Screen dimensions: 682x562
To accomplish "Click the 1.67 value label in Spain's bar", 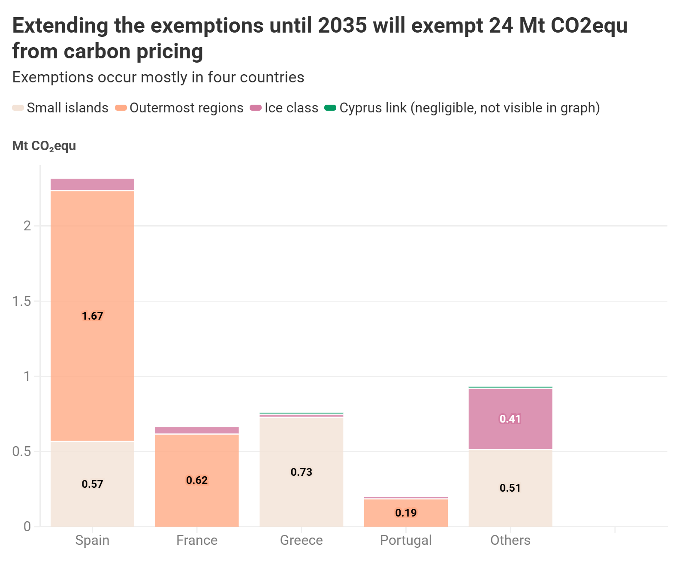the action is click(x=92, y=316).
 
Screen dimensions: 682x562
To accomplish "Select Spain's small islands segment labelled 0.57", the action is click(x=92, y=484).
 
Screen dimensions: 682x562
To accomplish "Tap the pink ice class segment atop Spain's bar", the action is click(x=92, y=184).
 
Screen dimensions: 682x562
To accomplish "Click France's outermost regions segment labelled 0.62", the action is click(x=196, y=480).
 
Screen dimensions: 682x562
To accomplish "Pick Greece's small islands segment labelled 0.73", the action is click(x=301, y=472).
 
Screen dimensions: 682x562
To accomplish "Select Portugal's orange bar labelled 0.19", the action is click(x=406, y=513).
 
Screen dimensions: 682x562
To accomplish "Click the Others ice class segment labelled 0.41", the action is click(x=510, y=419).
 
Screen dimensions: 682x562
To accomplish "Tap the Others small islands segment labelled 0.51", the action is click(x=510, y=488).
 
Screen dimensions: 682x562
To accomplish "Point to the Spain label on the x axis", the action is click(x=92, y=541).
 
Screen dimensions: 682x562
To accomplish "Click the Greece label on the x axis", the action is click(x=301, y=541).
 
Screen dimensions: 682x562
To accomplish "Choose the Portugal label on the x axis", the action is click(x=406, y=541).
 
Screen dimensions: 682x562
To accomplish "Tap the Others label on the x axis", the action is click(x=510, y=541).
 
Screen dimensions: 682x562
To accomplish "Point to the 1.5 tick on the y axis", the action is click(x=21, y=301).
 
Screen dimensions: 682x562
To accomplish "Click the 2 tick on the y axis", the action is click(x=27, y=226).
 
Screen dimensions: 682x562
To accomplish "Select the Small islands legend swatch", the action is click(x=18, y=108).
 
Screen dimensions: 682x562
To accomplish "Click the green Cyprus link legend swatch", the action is click(x=330, y=108).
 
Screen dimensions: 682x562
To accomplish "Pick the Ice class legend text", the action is click(x=291, y=108).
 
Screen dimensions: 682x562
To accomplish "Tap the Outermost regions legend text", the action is click(x=187, y=108).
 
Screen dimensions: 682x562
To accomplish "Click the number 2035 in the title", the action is click(x=342, y=25).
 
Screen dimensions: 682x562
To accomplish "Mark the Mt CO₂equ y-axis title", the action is click(x=44, y=146).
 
